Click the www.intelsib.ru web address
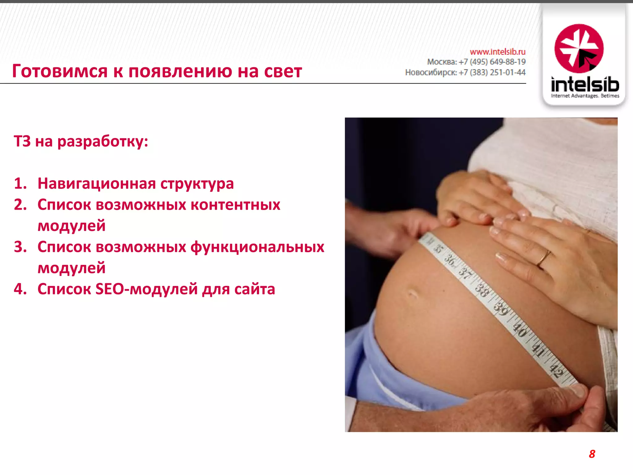pyautogui.click(x=498, y=52)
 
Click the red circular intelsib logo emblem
pyautogui.click(x=579, y=49)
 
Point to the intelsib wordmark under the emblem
pyautogui.click(x=585, y=84)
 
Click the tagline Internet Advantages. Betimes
pyautogui.click(x=585, y=96)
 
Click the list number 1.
pyautogui.click(x=20, y=183)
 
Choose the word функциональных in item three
pyautogui.click(x=257, y=247)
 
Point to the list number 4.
pyautogui.click(x=20, y=289)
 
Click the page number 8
pyautogui.click(x=592, y=454)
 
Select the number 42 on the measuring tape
pyautogui.click(x=556, y=370)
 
